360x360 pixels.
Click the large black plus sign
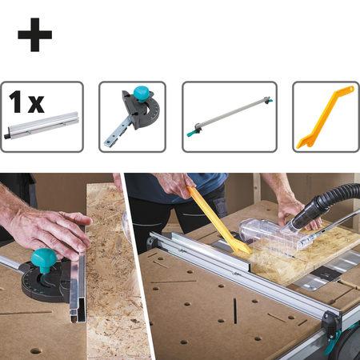[35, 34]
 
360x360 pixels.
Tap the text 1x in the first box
[26, 102]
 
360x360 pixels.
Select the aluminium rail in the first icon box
[42, 126]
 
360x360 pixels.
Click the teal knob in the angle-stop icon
[142, 92]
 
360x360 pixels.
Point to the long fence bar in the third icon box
[230, 116]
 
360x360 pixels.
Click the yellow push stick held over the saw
[218, 220]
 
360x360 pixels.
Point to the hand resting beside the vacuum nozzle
[296, 210]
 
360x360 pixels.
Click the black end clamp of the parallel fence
[331, 323]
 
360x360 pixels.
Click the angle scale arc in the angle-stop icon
[152, 112]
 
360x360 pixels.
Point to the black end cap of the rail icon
[6, 135]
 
